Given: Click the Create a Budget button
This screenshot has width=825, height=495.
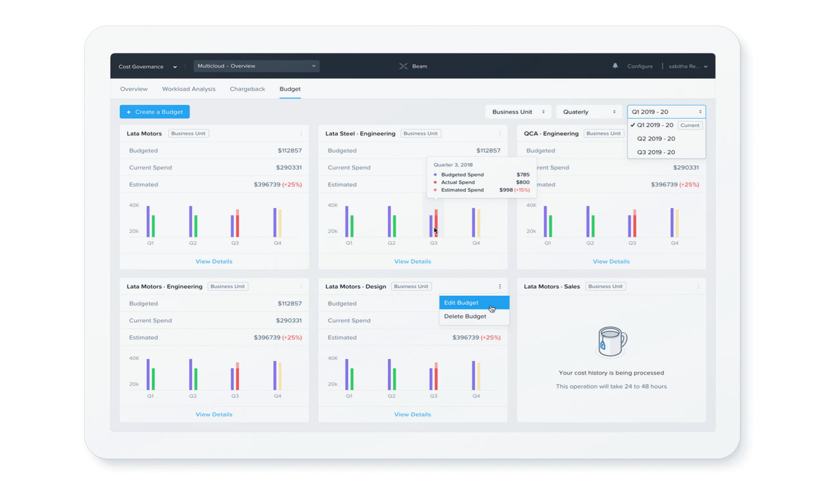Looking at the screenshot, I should (x=155, y=112).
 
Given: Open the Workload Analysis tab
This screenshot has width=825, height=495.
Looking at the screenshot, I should (x=189, y=89).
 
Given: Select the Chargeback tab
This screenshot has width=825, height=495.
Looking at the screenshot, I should (x=247, y=89).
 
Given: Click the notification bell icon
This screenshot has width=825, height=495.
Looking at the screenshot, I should (x=615, y=66).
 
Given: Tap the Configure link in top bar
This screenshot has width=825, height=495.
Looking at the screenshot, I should (x=640, y=66).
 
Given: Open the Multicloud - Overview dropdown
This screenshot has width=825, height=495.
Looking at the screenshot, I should (x=257, y=66).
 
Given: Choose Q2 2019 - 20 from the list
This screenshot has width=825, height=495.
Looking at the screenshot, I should (x=656, y=139).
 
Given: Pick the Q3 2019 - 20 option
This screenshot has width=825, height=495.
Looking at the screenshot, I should (x=656, y=152).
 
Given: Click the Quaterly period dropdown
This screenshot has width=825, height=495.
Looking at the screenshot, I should (x=588, y=112).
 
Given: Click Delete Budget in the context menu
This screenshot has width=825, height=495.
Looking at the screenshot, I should (x=465, y=316).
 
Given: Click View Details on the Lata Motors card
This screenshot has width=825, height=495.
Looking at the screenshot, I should (x=214, y=262).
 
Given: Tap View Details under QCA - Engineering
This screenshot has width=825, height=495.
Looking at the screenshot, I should (x=611, y=262).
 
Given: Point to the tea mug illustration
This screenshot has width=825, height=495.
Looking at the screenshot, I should (x=611, y=342).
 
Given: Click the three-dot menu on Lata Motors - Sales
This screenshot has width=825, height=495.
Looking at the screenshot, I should (x=698, y=287).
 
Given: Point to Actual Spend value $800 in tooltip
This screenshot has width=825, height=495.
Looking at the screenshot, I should (x=523, y=182).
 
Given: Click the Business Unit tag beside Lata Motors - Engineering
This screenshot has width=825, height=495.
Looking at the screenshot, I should (x=228, y=287).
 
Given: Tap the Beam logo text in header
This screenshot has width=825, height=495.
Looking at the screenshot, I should (x=419, y=66).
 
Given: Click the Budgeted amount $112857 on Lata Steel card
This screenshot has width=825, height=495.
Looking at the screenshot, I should (x=488, y=151).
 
